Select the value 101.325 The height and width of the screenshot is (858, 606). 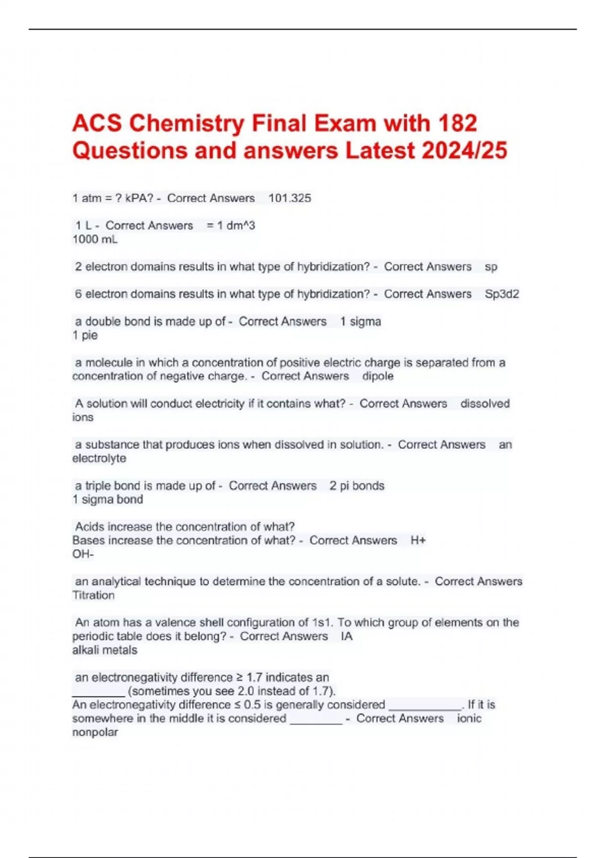pyautogui.click(x=289, y=198)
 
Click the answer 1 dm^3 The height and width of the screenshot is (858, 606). pyautogui.click(x=236, y=226)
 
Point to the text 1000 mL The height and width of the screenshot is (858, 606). pyautogui.click(x=95, y=239)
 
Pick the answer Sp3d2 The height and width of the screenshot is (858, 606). pyautogui.click(x=501, y=294)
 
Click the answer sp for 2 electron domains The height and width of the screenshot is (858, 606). pyautogui.click(x=491, y=266)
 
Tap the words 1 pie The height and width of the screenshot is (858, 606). pyautogui.click(x=85, y=335)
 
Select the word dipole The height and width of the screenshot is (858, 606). pyautogui.click(x=378, y=376)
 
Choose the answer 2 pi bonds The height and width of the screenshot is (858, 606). pyautogui.click(x=357, y=486)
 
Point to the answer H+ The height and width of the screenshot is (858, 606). pyautogui.click(x=418, y=541)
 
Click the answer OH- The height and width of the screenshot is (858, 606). pyautogui.click(x=83, y=554)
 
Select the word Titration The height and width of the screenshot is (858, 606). pyautogui.click(x=93, y=595)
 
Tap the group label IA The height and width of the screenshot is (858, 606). pyautogui.click(x=346, y=636)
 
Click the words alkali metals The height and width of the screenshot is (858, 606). pyautogui.click(x=105, y=650)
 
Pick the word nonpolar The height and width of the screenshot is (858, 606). pyautogui.click(x=95, y=732)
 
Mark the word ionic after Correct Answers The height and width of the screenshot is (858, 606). pyautogui.click(x=469, y=719)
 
